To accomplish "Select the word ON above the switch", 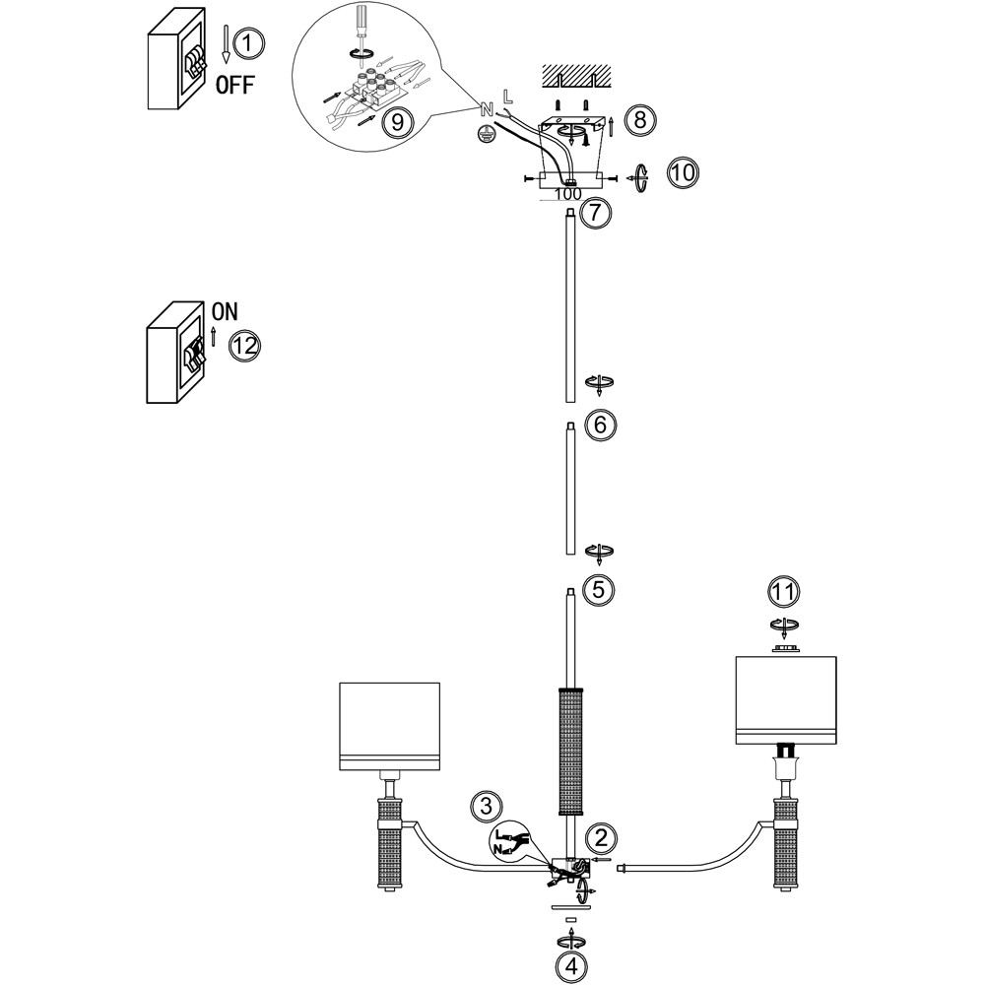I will (x=225, y=311).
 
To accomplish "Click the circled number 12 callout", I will (x=244, y=346).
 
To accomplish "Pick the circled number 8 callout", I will (x=639, y=120).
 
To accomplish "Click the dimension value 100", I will (x=568, y=194).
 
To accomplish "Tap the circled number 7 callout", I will (x=596, y=213).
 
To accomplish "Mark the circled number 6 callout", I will (x=599, y=425).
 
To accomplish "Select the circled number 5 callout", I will (x=598, y=589).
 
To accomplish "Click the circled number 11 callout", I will (x=783, y=592).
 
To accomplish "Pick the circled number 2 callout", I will (x=602, y=838).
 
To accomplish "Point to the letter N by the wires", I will (x=486, y=109).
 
